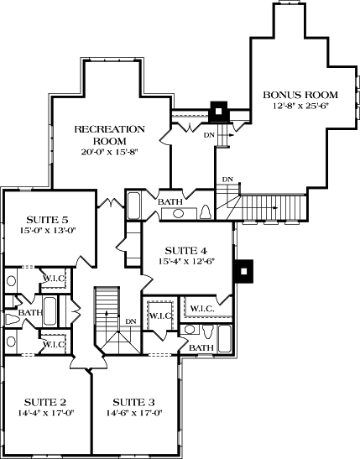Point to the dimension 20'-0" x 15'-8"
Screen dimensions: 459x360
click(x=109, y=153)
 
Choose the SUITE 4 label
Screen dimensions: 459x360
click(x=185, y=250)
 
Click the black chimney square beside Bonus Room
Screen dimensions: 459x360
click(x=219, y=110)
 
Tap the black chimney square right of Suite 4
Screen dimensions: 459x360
click(x=243, y=271)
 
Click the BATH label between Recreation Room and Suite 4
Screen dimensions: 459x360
click(x=170, y=201)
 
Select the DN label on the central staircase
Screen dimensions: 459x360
click(x=130, y=321)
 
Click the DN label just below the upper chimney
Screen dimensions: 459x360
click(x=209, y=133)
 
